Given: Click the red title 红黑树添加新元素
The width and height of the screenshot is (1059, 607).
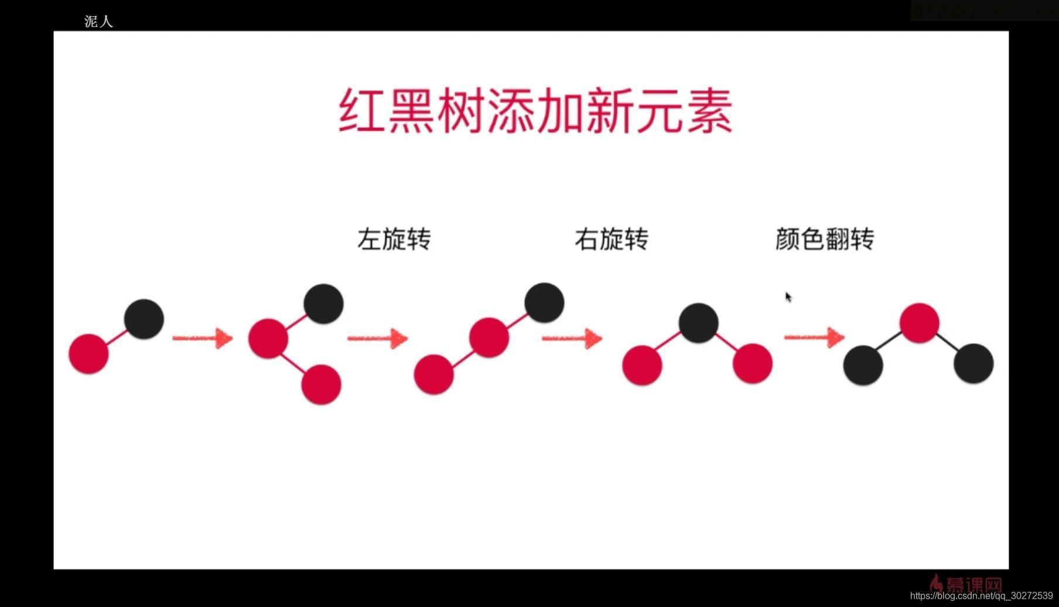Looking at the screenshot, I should point(535,111).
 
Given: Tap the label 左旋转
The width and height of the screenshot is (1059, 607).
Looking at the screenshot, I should point(394,239).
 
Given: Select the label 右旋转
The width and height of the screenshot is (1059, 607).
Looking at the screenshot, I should point(612,239).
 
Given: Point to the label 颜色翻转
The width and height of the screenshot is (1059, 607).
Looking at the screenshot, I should point(825,239).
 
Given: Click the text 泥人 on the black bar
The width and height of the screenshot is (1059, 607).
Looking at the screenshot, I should point(98,22).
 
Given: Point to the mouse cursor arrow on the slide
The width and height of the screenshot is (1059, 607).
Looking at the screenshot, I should point(788,297).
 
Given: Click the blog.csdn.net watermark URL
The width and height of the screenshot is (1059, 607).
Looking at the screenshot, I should point(981,596).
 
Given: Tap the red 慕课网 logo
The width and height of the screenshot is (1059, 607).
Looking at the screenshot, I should point(966,584).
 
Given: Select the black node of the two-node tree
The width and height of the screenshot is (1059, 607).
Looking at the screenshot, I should point(144,319).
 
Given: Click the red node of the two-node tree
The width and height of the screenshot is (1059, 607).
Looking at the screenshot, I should point(89,354).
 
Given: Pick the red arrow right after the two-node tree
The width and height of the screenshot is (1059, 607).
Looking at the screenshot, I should point(202,338).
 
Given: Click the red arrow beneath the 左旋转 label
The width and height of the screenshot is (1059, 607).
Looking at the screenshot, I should point(377,338).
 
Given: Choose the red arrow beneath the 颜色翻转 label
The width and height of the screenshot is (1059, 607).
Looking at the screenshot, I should point(814,337).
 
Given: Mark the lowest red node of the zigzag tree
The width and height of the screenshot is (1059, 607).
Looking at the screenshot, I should point(321,384).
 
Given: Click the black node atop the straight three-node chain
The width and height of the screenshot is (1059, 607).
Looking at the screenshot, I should point(544,303).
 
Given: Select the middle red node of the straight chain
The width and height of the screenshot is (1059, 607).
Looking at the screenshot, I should point(489,337).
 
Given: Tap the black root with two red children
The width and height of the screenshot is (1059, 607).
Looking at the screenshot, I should point(699,323).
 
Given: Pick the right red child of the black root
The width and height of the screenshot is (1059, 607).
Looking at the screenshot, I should point(753,363).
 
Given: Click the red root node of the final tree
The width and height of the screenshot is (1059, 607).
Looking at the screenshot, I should point(920,323).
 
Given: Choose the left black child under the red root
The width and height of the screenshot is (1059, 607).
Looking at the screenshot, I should point(863,365).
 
